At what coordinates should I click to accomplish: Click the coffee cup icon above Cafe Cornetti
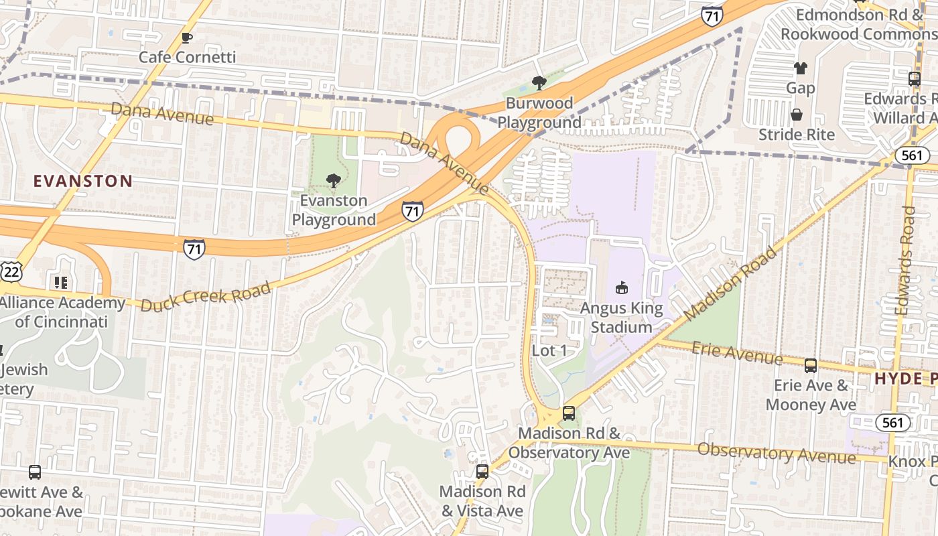click(187, 38)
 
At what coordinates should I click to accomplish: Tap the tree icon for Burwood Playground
click(539, 83)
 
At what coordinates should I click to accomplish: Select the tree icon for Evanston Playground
click(333, 180)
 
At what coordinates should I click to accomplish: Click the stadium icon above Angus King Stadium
click(621, 288)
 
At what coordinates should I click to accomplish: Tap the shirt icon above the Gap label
click(800, 68)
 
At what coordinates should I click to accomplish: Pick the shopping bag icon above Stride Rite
click(797, 115)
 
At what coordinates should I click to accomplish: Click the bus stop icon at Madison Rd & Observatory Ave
click(569, 413)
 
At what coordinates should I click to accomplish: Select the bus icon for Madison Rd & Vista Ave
click(482, 471)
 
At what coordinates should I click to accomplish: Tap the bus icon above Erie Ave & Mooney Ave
click(811, 365)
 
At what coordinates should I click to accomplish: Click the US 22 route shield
click(11, 271)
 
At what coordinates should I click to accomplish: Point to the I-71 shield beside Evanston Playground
click(413, 211)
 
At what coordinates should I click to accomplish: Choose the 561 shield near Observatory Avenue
click(892, 423)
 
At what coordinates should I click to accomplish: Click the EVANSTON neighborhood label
click(83, 181)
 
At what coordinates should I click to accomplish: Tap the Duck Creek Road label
click(206, 296)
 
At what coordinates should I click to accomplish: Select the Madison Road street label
click(732, 283)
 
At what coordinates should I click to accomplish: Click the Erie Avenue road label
click(736, 352)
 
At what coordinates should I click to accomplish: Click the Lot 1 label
click(549, 350)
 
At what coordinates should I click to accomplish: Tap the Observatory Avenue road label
click(777, 453)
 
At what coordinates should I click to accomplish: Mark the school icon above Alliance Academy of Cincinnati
click(61, 283)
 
